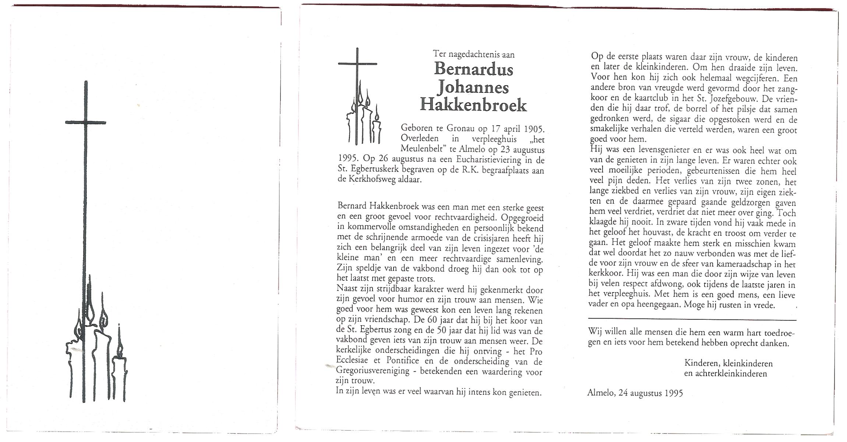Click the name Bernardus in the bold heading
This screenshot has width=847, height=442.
(x=473, y=69)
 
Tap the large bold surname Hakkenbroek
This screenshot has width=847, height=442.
(x=473, y=106)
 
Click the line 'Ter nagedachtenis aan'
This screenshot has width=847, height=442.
(x=473, y=55)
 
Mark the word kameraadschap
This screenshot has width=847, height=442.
(x=741, y=264)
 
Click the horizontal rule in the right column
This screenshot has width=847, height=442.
(x=692, y=320)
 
